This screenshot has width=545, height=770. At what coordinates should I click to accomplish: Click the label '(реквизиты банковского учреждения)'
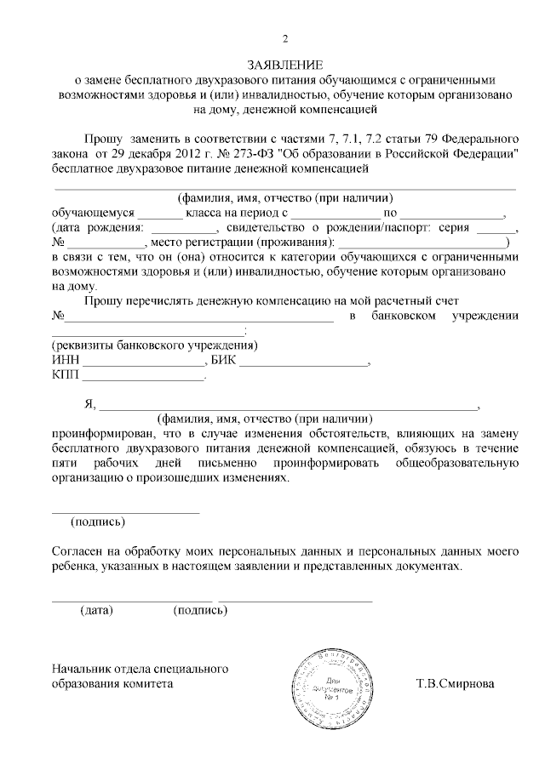pyautogui.click(x=154, y=347)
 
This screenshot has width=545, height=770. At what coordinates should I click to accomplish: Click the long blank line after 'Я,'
pyautogui.click(x=290, y=407)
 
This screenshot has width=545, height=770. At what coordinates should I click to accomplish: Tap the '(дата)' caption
pyautogui.click(x=96, y=610)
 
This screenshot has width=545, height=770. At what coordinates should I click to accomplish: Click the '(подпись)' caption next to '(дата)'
pyautogui.click(x=199, y=610)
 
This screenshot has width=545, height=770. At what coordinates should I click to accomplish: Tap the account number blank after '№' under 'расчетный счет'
pyautogui.click(x=187, y=317)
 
